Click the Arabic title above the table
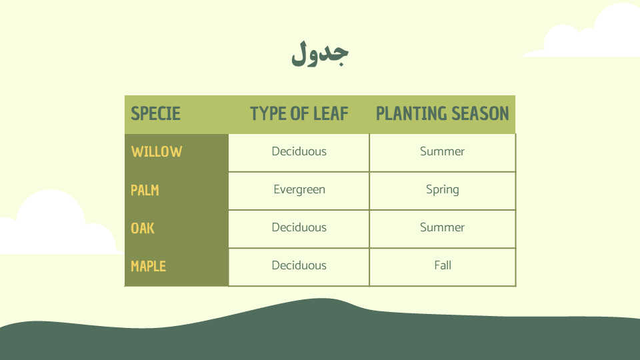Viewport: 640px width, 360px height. pyautogui.click(x=319, y=53)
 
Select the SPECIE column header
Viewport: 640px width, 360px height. pyautogui.click(x=155, y=113)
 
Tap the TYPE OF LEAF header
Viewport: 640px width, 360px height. pyautogui.click(x=299, y=113)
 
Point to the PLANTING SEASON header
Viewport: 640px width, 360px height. pyautogui.click(x=443, y=113)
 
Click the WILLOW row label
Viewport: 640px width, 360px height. pyautogui.click(x=156, y=151)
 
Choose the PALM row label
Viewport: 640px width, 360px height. pyautogui.click(x=145, y=190)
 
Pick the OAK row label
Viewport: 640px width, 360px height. pyautogui.click(x=143, y=228)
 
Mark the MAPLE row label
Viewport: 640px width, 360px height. pyautogui.click(x=148, y=266)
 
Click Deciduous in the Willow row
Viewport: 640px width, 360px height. pyautogui.click(x=299, y=151)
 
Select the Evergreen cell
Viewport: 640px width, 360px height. pyautogui.click(x=299, y=190)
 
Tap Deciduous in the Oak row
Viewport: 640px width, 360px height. pyautogui.click(x=299, y=227)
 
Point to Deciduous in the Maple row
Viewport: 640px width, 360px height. pyautogui.click(x=299, y=265)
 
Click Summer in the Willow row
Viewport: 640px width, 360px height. pyautogui.click(x=443, y=151)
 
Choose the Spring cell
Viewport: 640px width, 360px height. pyautogui.click(x=443, y=190)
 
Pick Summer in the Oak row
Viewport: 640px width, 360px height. pyautogui.click(x=443, y=227)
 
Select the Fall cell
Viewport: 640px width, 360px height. pyautogui.click(x=443, y=265)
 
